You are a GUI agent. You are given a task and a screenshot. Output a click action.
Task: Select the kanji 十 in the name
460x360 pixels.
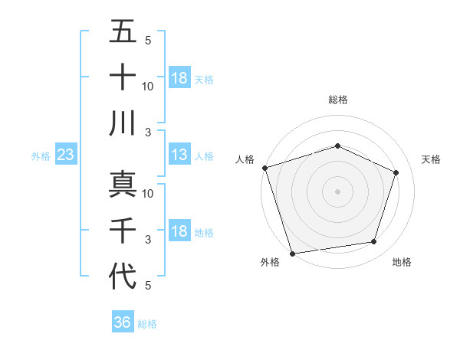(123, 78)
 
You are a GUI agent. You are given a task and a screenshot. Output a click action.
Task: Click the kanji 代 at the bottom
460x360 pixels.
(123, 276)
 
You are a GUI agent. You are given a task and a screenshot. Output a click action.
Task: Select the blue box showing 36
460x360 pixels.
(123, 322)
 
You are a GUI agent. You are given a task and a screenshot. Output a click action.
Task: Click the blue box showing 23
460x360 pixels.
(66, 155)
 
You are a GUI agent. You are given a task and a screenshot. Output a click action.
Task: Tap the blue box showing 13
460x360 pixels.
(179, 155)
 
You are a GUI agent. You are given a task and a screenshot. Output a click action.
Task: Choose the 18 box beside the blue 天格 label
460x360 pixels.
(179, 78)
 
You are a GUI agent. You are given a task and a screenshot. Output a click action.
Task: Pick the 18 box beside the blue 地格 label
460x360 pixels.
(179, 232)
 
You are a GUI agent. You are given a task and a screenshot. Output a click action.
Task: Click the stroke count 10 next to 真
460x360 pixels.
(148, 194)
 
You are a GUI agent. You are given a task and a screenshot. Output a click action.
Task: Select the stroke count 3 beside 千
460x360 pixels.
(148, 240)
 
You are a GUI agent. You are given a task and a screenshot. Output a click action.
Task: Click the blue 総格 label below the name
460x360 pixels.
(148, 324)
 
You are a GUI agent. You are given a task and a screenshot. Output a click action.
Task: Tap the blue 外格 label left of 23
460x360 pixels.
(41, 156)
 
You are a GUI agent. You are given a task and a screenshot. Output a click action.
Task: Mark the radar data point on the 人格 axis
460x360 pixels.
(264, 168)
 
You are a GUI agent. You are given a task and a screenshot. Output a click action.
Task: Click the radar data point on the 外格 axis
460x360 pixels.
(292, 253)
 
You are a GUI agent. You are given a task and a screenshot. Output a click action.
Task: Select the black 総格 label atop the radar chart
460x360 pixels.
(338, 100)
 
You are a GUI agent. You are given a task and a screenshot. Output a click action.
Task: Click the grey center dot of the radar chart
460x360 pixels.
(337, 191)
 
